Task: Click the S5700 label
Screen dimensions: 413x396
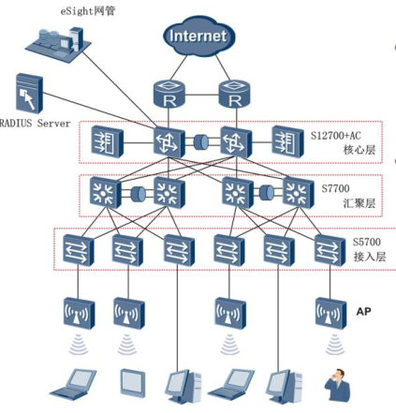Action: pyautogui.click(x=367, y=242)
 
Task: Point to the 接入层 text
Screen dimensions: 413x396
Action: pyautogui.click(x=367, y=256)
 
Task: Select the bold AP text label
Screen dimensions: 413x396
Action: pyautogui.click(x=365, y=308)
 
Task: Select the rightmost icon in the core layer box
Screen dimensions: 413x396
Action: pyautogui.click(x=286, y=141)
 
